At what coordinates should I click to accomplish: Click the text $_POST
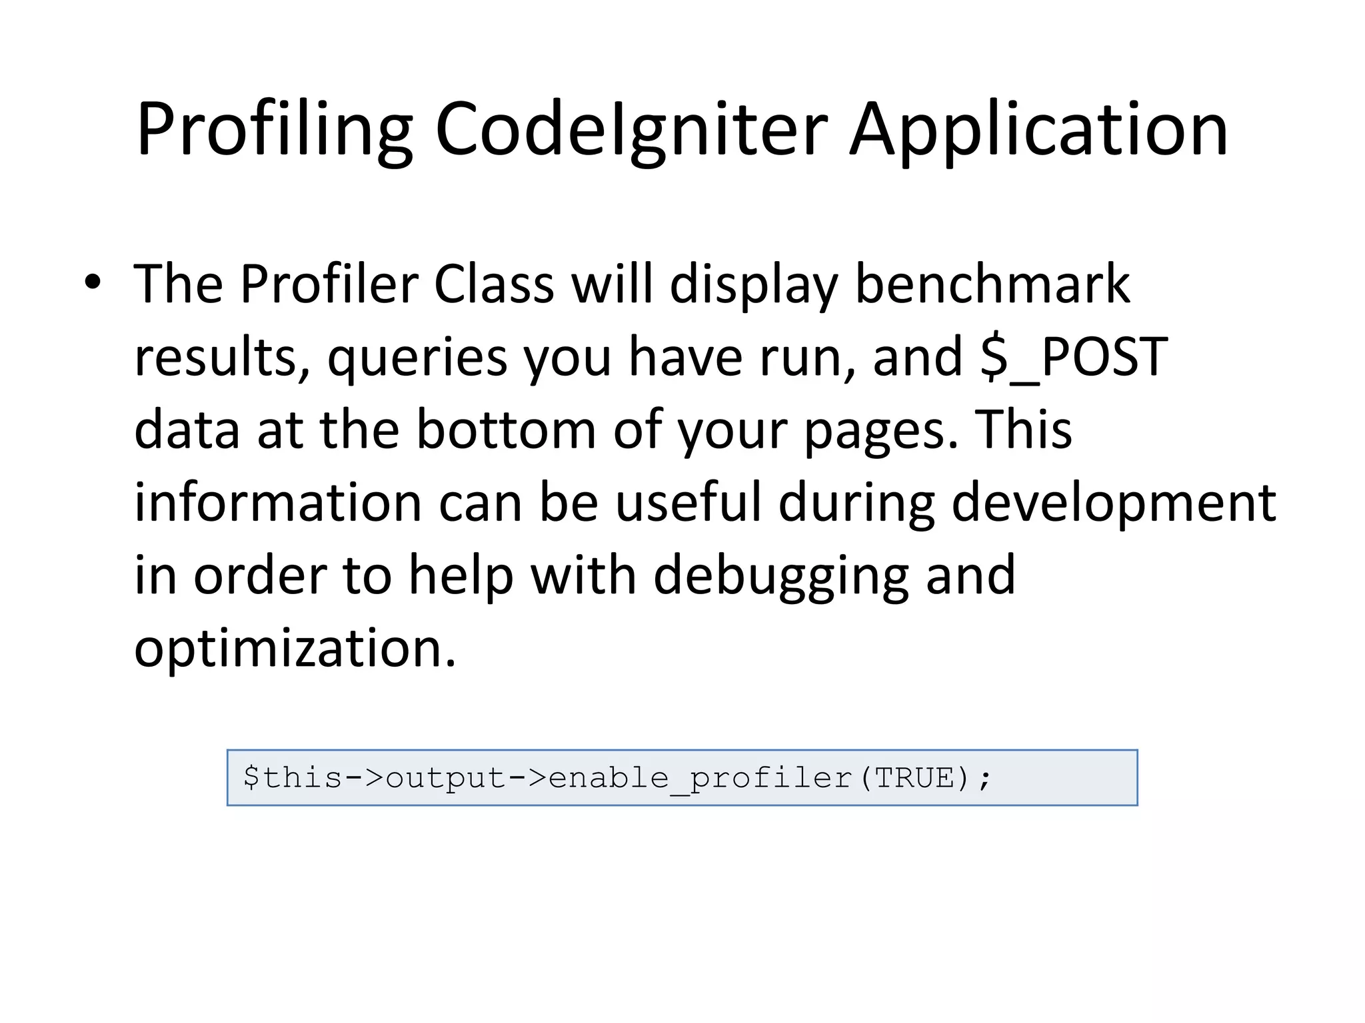click(x=1073, y=357)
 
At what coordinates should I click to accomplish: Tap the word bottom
click(x=506, y=430)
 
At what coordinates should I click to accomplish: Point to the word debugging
click(x=780, y=577)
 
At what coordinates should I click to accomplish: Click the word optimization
click(x=295, y=649)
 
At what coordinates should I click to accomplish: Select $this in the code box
click(x=293, y=778)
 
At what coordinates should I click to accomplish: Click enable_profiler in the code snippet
click(x=700, y=778)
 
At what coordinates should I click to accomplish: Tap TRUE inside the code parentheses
click(x=914, y=778)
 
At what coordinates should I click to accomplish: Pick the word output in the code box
click(x=446, y=778)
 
